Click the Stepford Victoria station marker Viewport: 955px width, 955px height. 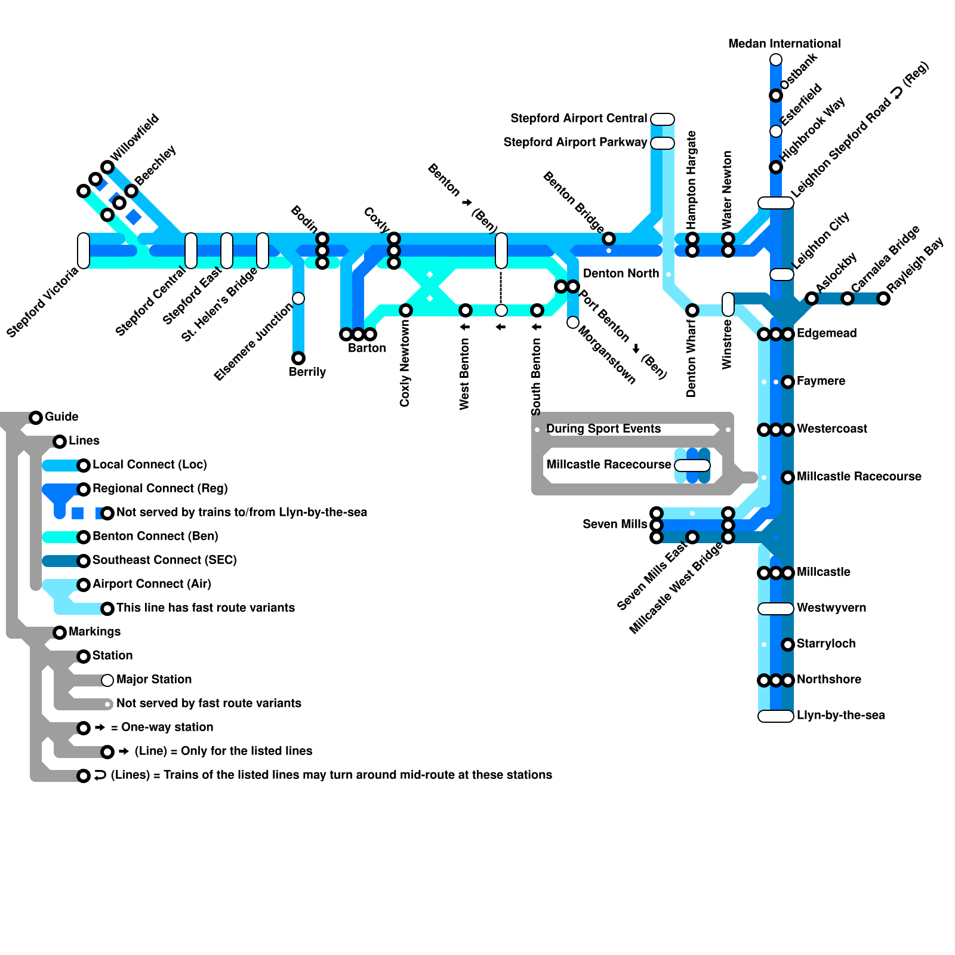tap(84, 251)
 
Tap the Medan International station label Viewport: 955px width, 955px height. tap(784, 44)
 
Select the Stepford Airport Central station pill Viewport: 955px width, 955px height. tap(663, 119)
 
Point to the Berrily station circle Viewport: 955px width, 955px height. tap(298, 358)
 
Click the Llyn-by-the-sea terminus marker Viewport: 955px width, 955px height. tap(775, 716)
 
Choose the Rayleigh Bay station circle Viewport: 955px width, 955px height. tap(883, 298)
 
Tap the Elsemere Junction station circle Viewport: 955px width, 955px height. tap(298, 298)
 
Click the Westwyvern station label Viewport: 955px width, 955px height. tap(831, 608)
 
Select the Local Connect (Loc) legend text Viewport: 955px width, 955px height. tap(149, 465)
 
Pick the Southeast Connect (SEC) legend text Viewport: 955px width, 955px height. tap(164, 560)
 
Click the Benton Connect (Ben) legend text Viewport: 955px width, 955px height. tap(155, 537)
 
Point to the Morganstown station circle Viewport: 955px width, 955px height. tap(573, 322)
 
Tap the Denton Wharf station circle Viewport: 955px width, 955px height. tap(692, 310)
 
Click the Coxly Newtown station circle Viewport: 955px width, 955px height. tap(406, 310)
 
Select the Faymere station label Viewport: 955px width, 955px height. tap(821, 381)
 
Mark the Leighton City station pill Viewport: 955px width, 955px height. tap(782, 275)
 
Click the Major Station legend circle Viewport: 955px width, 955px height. tap(107, 680)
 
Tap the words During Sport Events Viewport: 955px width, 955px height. tap(603, 429)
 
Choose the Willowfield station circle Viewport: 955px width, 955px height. tap(107, 167)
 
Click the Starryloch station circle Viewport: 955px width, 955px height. tap(788, 645)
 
